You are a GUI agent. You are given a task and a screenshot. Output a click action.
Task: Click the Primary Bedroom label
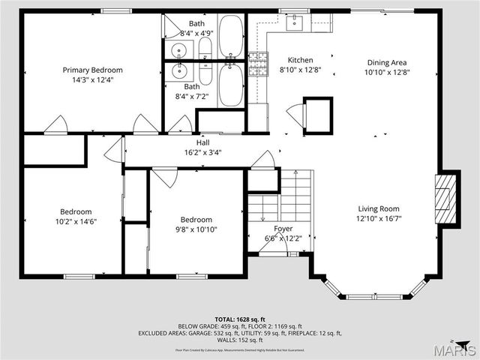pyautogui.click(x=92, y=70)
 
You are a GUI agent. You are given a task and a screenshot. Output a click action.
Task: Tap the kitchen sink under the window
pyautogui.click(x=295, y=22)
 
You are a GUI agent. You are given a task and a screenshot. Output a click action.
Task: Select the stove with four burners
pyautogui.click(x=258, y=64)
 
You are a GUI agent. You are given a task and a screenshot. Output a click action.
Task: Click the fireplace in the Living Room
pyautogui.click(x=446, y=198)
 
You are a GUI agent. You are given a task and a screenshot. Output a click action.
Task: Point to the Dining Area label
pyautogui.click(x=388, y=62)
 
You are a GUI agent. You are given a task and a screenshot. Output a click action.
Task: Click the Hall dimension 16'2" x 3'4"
pyautogui.click(x=203, y=152)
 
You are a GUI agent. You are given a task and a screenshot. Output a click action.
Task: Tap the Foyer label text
pyautogui.click(x=283, y=228)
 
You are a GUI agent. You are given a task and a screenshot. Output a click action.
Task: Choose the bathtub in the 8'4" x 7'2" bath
pyautogui.click(x=230, y=84)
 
